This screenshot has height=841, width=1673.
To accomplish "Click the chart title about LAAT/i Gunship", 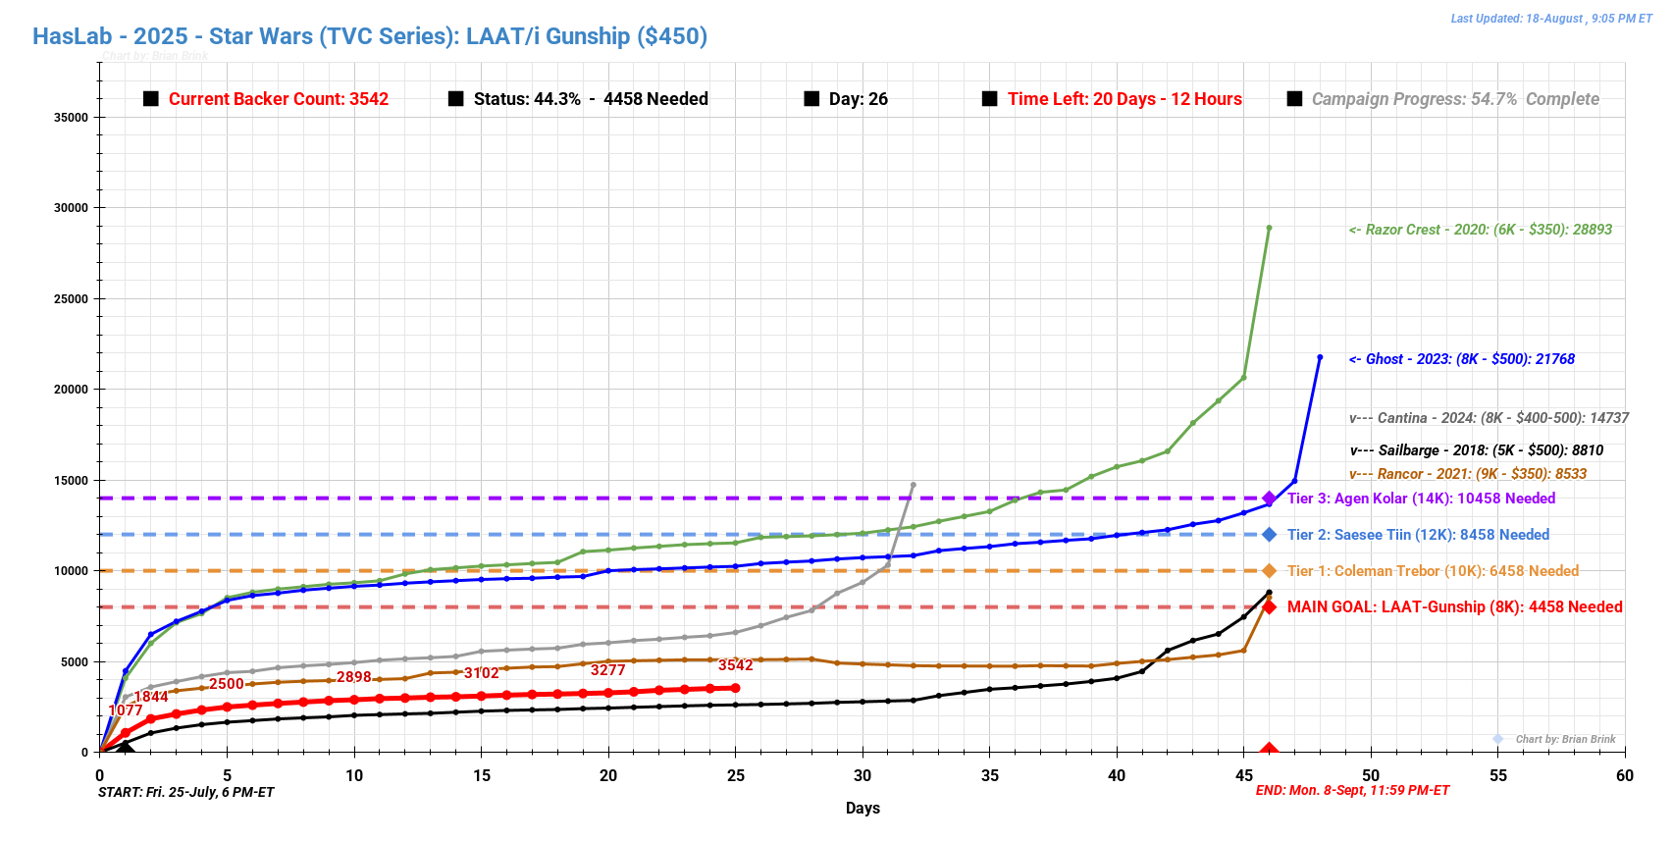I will [x=370, y=36].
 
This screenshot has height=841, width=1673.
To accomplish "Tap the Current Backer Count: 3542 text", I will [x=278, y=99].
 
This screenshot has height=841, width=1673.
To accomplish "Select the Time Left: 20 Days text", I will [x=1124, y=99].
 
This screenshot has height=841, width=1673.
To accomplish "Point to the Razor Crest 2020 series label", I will [x=1480, y=230].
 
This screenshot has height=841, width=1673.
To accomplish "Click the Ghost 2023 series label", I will [x=1461, y=359].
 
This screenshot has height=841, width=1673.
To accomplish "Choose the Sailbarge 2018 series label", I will [x=1476, y=450].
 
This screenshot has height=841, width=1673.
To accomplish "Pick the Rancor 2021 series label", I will [x=1467, y=474].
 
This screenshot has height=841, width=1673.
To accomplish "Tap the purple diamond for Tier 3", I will [x=1269, y=499].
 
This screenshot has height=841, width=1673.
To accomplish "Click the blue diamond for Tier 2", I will [x=1269, y=535].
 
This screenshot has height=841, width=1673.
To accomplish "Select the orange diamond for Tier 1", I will [x=1269, y=571].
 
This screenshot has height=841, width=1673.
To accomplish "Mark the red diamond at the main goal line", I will [x=1269, y=607].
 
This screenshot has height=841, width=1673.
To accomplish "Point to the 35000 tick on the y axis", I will [x=71, y=117].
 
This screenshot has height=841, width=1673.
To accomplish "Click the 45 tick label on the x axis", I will [x=1244, y=775].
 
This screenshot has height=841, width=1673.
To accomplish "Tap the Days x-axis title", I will [x=863, y=809].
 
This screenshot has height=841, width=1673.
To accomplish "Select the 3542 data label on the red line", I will [x=735, y=665].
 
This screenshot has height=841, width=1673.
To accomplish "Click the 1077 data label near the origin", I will [x=126, y=710].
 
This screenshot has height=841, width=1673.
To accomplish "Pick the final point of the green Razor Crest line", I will [x=1269, y=228].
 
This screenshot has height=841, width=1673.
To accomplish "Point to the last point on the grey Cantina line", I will [x=913, y=485].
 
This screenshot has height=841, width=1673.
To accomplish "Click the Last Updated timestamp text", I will [x=1550, y=19].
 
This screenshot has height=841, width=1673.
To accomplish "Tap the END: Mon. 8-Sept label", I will [x=1352, y=791].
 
